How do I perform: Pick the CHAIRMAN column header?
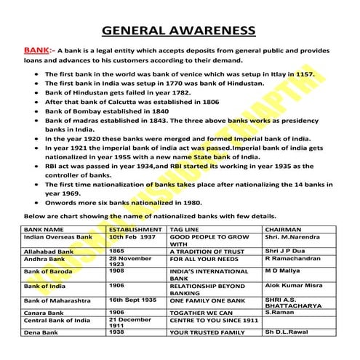[283, 229]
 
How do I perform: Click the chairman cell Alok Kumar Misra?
[293, 286]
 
